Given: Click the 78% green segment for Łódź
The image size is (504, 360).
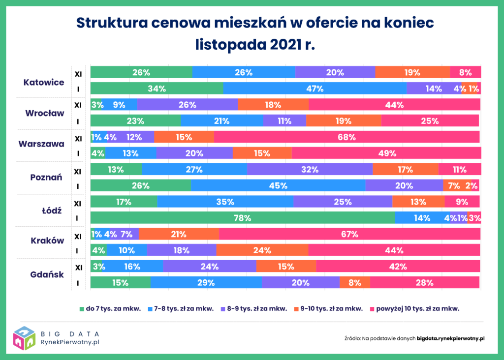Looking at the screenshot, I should coord(243,218).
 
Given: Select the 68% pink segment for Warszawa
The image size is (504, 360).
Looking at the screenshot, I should coord(346,137).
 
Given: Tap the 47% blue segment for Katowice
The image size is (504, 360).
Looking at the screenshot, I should coord(315,89).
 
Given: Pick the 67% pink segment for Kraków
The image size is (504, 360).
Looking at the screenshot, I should coord(349,234).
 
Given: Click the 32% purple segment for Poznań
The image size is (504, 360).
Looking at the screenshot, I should coord(310,170).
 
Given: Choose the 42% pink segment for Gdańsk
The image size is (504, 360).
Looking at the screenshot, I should coord(398,267).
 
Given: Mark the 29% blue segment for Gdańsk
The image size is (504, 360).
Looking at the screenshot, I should coord(206,283).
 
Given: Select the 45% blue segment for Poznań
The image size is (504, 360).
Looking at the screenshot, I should coord(278,186).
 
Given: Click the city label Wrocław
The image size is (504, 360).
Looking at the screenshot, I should coord(45,113).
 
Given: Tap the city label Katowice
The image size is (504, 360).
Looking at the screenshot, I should coord(44,82).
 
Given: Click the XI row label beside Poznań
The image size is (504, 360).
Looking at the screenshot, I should coord(78,172).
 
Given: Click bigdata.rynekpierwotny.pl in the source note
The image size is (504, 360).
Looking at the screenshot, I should coord(451,338).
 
